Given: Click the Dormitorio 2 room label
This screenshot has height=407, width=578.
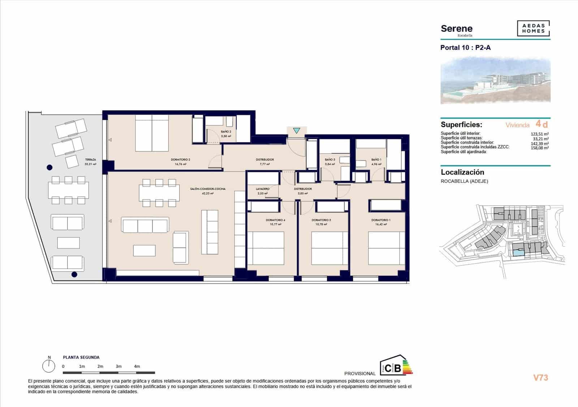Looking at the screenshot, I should [x=180, y=160].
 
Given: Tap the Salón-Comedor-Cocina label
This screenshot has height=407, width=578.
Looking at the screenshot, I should [x=208, y=189].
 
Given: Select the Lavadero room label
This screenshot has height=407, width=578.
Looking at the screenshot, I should [x=263, y=189].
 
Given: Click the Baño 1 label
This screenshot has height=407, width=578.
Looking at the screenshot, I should [x=376, y=160].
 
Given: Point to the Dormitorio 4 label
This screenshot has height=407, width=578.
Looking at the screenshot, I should [x=275, y=220].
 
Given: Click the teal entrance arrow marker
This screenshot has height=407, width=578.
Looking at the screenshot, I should [x=296, y=131].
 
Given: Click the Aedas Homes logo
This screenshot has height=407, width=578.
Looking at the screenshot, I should [x=533, y=29].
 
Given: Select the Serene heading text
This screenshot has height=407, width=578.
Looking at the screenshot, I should [x=456, y=29].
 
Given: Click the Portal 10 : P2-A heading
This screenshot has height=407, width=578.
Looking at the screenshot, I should [x=465, y=48].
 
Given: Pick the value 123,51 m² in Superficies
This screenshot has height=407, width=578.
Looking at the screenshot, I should [x=540, y=134].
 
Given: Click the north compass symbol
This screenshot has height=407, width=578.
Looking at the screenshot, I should [x=48, y=366].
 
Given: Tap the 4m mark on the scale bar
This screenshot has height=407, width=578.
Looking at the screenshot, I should [x=137, y=367].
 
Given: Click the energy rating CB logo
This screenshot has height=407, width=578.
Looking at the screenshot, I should [x=396, y=366].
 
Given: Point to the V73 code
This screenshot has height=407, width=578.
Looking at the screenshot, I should [x=540, y=378].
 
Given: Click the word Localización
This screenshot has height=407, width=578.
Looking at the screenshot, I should [x=462, y=172].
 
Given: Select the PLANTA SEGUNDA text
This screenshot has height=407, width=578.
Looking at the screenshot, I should [x=81, y=357].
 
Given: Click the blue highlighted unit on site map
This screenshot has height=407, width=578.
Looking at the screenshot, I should [x=518, y=254].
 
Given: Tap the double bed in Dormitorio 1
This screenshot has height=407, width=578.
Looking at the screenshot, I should [x=386, y=248].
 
